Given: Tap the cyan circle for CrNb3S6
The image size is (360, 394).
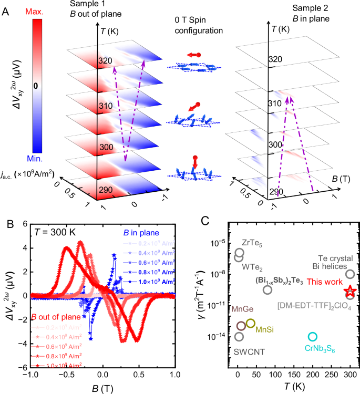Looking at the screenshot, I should point(313,336).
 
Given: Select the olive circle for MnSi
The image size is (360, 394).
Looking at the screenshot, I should point(251,323).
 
